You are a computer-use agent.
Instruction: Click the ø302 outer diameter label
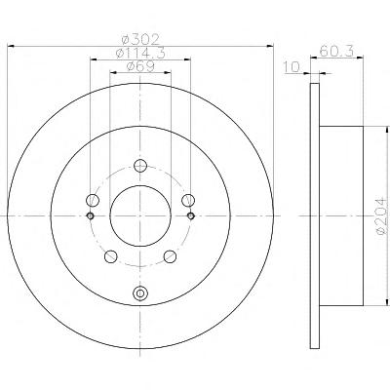click(x=140, y=40)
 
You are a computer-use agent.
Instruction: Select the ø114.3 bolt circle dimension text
click(x=140, y=53)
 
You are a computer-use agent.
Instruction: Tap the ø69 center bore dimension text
click(x=140, y=66)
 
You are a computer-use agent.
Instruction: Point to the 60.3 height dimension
click(x=336, y=51)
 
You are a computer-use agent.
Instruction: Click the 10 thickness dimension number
click(x=292, y=67)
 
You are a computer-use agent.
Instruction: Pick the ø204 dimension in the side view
click(x=383, y=216)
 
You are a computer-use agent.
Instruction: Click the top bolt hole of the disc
click(x=140, y=166)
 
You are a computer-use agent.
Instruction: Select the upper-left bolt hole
click(x=93, y=200)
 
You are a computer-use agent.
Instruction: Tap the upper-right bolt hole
click(x=188, y=200)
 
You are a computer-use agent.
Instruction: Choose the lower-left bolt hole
click(x=111, y=256)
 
